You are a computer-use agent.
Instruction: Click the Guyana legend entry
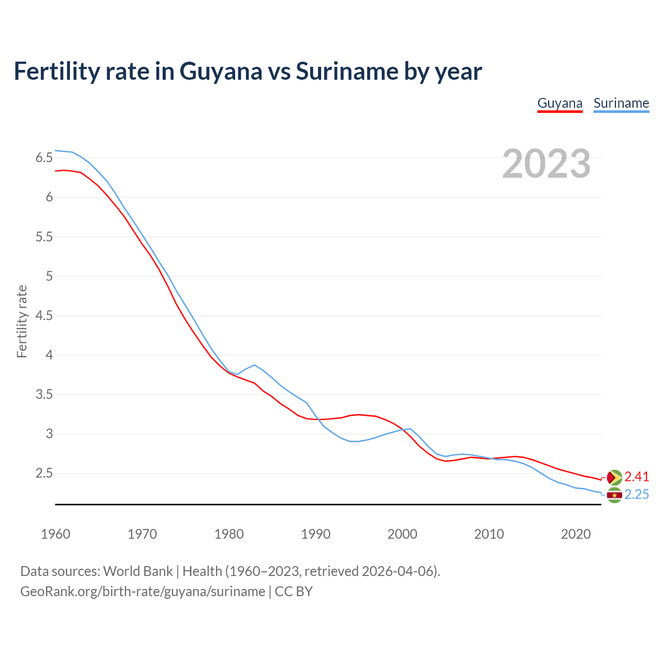click(x=560, y=103)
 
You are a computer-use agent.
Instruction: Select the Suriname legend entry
click(x=621, y=103)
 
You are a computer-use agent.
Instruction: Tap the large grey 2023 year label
click(x=546, y=164)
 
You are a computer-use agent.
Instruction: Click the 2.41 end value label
click(x=637, y=477)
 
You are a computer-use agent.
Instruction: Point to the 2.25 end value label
click(x=637, y=495)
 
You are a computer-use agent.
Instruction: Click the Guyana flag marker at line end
click(x=614, y=477)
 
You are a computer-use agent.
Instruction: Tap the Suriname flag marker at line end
click(x=614, y=495)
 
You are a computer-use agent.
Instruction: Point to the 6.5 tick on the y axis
click(x=44, y=158)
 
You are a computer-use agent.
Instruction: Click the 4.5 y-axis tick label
click(x=44, y=315)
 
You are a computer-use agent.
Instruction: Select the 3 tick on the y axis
click(x=49, y=434)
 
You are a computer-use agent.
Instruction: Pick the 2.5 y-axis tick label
click(x=44, y=473)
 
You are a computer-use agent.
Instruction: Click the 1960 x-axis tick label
click(x=55, y=534)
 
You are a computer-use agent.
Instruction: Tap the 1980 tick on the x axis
click(x=229, y=534)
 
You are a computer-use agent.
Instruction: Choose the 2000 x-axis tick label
click(x=402, y=534)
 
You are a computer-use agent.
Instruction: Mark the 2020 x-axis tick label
click(x=575, y=534)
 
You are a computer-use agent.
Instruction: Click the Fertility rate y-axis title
click(x=22, y=321)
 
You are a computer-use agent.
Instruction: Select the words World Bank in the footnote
click(x=138, y=571)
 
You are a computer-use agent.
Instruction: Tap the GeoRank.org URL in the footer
click(x=142, y=592)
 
